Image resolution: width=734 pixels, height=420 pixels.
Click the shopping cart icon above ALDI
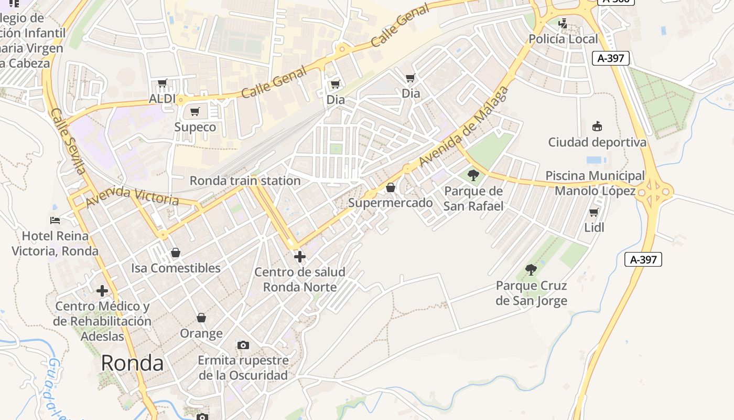point(162,83)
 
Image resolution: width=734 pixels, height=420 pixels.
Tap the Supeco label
point(195,127)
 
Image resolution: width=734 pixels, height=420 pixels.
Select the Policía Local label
point(563,39)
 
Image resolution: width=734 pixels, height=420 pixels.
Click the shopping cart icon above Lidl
point(593,212)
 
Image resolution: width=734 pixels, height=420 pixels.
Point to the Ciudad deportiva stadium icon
point(597,126)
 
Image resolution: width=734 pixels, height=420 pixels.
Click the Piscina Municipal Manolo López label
point(595,183)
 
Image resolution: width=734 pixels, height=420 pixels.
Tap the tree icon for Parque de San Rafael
point(473,175)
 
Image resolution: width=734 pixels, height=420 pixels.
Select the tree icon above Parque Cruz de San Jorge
point(531,270)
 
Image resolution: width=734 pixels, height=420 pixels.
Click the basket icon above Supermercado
point(391,187)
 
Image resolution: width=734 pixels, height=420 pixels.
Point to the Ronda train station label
point(245,181)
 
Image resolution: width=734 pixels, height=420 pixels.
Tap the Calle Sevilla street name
point(68,141)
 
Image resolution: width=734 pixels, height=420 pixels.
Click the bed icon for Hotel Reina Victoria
point(55,220)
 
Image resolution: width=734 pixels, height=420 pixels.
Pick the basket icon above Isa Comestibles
point(176,253)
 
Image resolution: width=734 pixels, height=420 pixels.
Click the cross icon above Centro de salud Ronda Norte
point(299,257)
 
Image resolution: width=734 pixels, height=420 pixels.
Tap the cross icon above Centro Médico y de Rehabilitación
point(102,290)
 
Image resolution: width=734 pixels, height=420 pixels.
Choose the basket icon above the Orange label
point(201,318)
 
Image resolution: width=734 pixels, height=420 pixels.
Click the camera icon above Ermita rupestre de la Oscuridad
point(243,345)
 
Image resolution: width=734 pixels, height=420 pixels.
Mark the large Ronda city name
point(132,363)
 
